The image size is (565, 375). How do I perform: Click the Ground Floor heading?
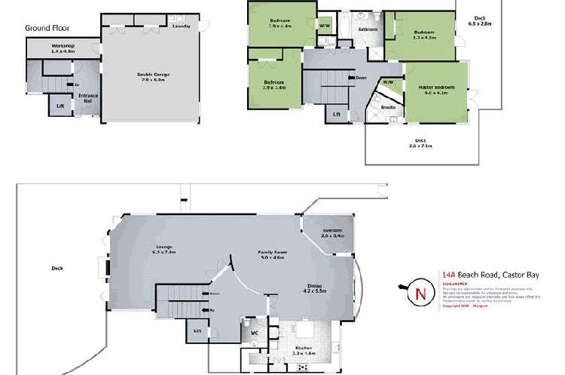pyautogui.click(x=47, y=28)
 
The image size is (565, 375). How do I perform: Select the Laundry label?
pyautogui.click(x=181, y=26)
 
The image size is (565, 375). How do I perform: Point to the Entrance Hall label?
pyautogui.click(x=89, y=97)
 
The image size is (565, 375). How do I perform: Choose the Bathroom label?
pyautogui.click(x=368, y=29)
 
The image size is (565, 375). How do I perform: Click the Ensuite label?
pyautogui.click(x=389, y=108)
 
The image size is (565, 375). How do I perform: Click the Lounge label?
pyautogui.click(x=165, y=248)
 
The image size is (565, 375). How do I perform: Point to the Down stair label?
pyautogui.click(x=361, y=78)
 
